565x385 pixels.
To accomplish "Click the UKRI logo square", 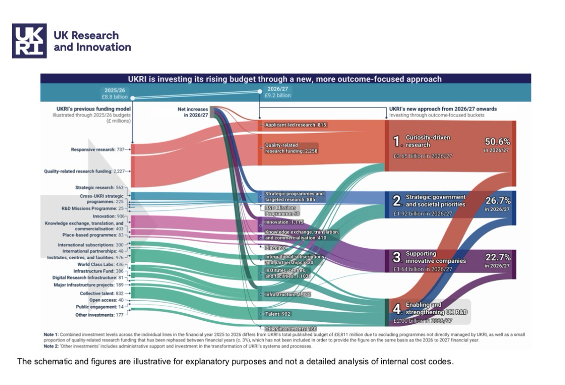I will click(29, 41).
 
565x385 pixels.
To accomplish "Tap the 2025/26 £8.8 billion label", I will click(115, 93).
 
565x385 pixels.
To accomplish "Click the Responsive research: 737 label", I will click(97, 149).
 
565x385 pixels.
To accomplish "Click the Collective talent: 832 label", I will click(101, 293).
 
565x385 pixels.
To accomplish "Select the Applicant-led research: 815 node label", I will click(296, 125).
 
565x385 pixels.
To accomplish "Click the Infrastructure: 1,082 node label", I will click(287, 294).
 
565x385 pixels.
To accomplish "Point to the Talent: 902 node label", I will click(277, 314).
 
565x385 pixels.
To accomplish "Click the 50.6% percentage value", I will click(497, 142).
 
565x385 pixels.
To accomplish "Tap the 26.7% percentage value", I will click(498, 200).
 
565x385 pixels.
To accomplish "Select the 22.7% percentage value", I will click(498, 257).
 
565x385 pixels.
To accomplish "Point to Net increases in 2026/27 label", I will click(193, 112).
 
